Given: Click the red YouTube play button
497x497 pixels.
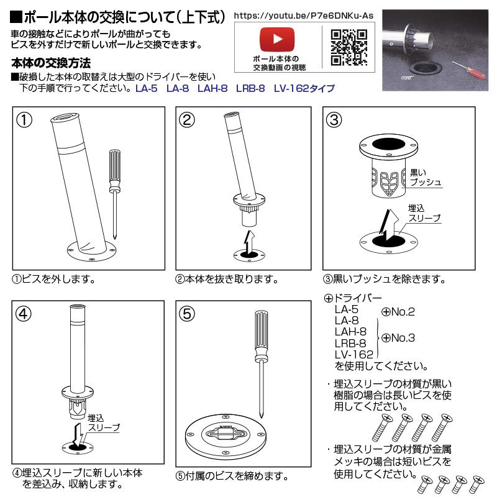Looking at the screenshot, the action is (277, 39).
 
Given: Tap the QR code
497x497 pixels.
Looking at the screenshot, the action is (349, 48).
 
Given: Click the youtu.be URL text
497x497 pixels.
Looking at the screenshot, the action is (304, 16).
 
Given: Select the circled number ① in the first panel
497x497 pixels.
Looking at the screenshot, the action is (24, 121).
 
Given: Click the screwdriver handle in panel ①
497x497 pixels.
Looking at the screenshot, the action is (115, 171).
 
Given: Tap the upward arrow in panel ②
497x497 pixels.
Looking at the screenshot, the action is (249, 242).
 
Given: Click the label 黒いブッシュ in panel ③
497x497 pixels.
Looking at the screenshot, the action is (426, 177).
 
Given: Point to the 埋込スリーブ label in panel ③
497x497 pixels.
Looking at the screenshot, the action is (424, 213).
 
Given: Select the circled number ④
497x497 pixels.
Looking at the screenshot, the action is (24, 314).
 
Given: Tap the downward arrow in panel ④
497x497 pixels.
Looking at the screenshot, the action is (78, 435).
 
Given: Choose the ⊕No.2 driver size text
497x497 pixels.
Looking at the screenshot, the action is (398, 312).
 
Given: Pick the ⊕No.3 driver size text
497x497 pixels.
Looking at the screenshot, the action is (398, 338).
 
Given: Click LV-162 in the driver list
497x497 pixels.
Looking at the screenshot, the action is (354, 354).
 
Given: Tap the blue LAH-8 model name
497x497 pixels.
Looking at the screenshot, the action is (212, 88).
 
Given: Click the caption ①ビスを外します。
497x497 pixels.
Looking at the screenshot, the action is (54, 279).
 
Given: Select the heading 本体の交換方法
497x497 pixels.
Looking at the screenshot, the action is (51, 63).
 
